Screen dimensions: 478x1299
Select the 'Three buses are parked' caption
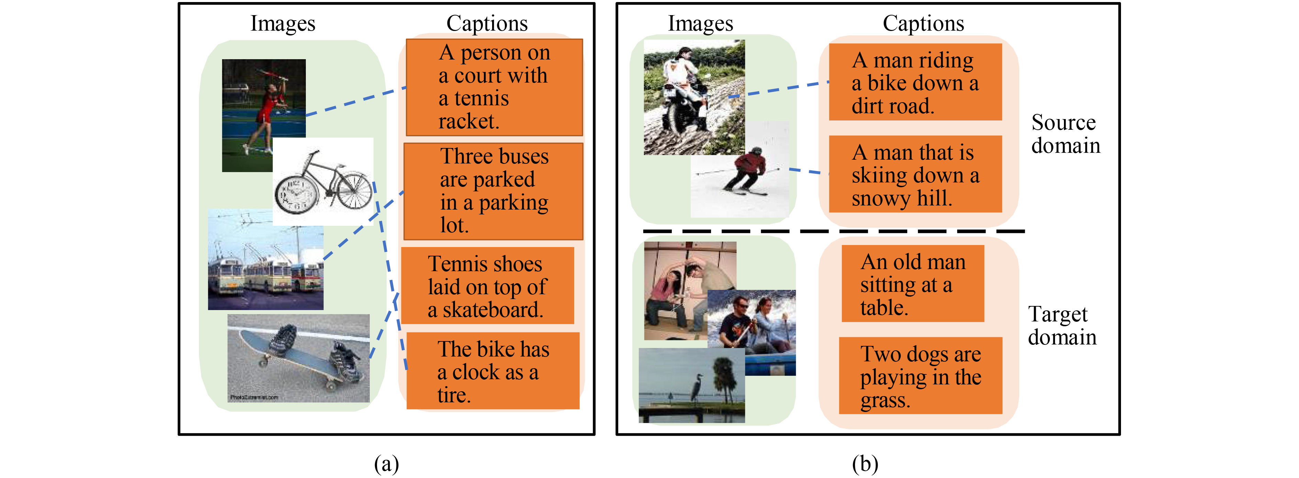493,191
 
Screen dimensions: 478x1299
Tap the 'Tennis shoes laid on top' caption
487,286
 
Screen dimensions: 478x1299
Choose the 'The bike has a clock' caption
493,371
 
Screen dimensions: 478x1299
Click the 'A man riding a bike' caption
915,82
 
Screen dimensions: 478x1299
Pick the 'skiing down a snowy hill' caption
915,174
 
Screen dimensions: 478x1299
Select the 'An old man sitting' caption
912,284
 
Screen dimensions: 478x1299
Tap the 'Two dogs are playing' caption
920,376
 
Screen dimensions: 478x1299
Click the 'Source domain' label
1065,134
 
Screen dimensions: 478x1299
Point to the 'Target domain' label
1062,326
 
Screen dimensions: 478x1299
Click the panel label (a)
386,463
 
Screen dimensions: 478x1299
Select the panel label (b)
865,463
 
